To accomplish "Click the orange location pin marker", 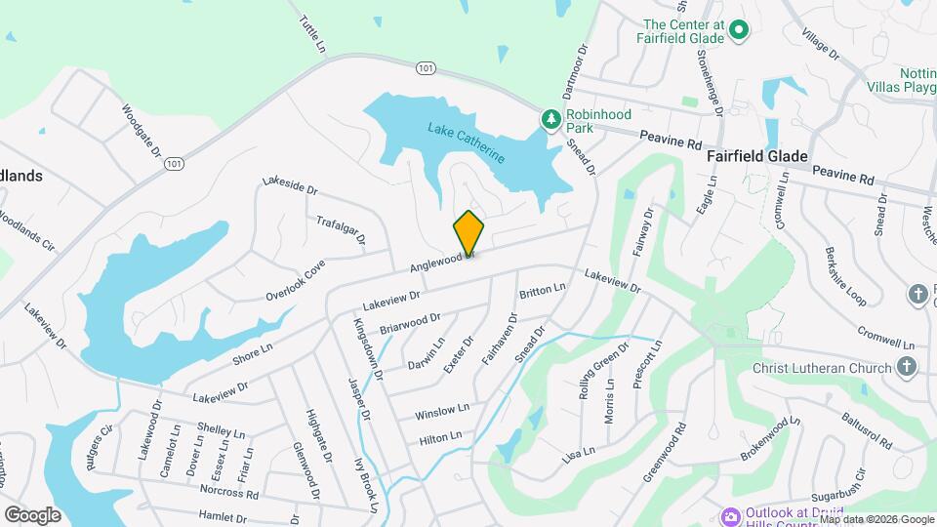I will click(468, 233).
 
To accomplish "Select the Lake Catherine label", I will click(467, 142).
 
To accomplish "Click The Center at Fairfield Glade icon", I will click(739, 31).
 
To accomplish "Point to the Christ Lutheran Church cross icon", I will click(907, 368).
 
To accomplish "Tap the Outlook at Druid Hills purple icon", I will click(729, 515).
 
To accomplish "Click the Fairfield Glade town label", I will click(756, 156).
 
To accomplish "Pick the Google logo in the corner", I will click(32, 514).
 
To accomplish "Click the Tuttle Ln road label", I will click(311, 33).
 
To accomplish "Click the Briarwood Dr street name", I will click(410, 323).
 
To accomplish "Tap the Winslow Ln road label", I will click(442, 409).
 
